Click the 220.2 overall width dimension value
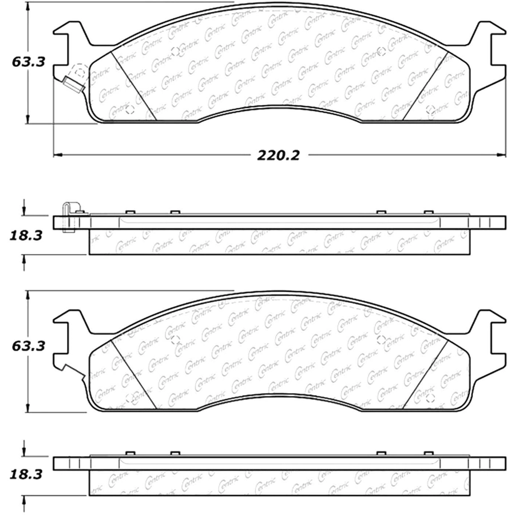click(278, 155)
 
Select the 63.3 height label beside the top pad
click(28, 62)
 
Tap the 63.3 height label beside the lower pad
click(28, 346)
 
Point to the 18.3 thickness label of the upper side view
click(26, 235)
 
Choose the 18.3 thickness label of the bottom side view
click(26, 474)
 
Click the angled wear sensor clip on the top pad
click(74, 84)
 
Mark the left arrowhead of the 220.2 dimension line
click(58, 154)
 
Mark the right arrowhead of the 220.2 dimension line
click(501, 154)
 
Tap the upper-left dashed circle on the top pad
click(176, 51)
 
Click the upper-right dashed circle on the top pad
click(381, 51)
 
